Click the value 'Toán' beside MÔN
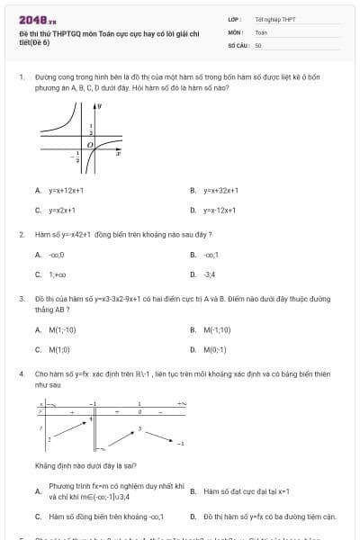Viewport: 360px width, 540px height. click(261, 31)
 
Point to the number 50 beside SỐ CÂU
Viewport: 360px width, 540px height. click(258, 44)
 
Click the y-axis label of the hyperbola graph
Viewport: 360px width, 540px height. click(99, 106)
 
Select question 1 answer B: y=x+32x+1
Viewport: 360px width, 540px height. click(221, 191)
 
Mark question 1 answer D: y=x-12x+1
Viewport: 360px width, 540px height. click(220, 210)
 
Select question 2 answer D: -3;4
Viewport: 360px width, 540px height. click(210, 274)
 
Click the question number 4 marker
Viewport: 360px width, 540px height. click(21, 373)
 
